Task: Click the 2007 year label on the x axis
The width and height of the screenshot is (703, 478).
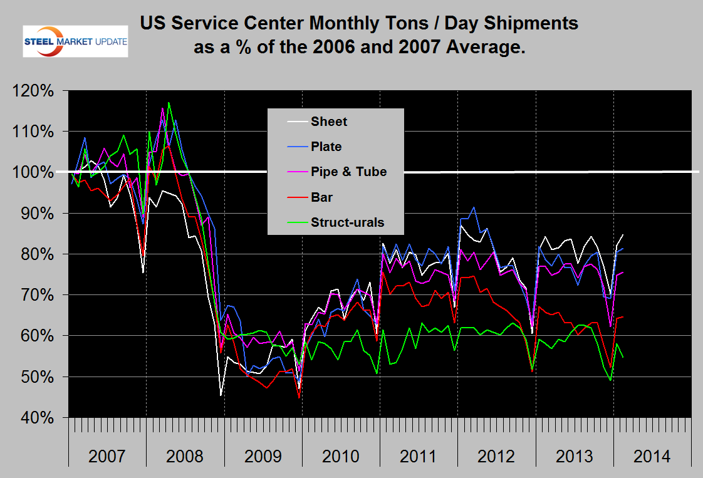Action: pyautogui.click(x=107, y=456)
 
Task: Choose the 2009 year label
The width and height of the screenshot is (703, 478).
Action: pyautogui.click(x=263, y=456)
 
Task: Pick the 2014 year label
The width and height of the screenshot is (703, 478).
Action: pyautogui.click(x=652, y=456)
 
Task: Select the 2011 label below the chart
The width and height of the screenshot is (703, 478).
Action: pyautogui.click(x=419, y=456)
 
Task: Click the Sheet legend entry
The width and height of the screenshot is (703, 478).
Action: pyautogui.click(x=328, y=122)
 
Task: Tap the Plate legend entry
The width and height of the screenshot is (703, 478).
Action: pyautogui.click(x=326, y=147)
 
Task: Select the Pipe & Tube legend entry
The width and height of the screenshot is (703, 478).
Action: pyautogui.click(x=348, y=172)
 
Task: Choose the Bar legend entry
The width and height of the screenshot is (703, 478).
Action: pyautogui.click(x=321, y=197)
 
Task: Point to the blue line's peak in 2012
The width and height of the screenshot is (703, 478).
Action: pyautogui.click(x=474, y=207)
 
